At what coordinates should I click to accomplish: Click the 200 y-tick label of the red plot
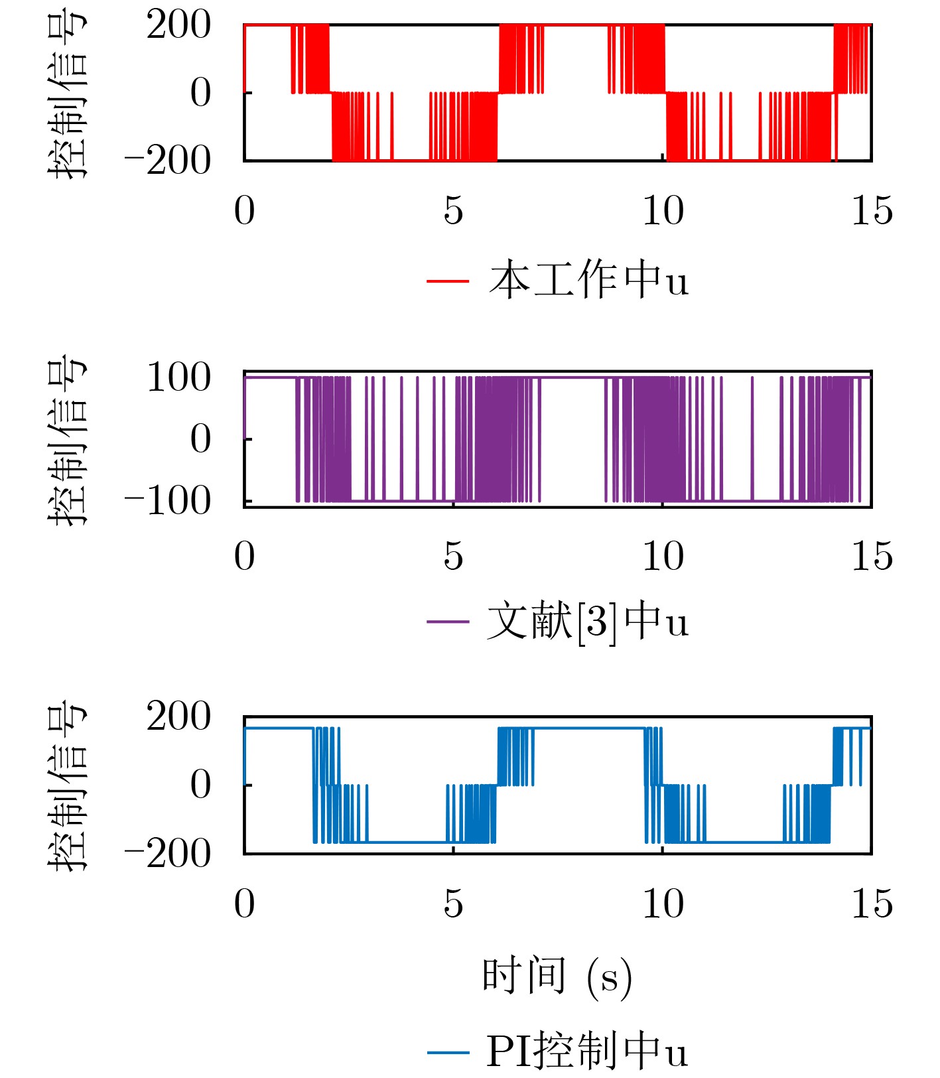click(x=178, y=27)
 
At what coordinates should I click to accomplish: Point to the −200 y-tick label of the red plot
click(x=168, y=161)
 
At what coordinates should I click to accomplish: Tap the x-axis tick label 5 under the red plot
click(x=453, y=211)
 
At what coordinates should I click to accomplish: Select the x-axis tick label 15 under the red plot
click(x=872, y=211)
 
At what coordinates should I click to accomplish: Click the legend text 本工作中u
click(x=589, y=280)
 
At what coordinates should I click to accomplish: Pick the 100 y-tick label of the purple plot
click(x=178, y=378)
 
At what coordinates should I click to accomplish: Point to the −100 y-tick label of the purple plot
click(x=168, y=501)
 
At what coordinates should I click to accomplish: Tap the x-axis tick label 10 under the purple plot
click(x=663, y=556)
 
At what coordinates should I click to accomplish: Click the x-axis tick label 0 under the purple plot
click(x=244, y=556)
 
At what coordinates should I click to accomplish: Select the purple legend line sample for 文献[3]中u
click(x=448, y=622)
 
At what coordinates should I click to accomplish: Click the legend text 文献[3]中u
click(x=588, y=622)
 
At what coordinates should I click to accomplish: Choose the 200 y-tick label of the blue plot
click(x=178, y=717)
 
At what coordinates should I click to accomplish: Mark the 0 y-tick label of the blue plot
click(x=200, y=785)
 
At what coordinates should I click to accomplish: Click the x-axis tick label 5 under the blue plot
click(x=453, y=904)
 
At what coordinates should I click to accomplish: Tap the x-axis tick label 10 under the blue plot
click(x=663, y=904)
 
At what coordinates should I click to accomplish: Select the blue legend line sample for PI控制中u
click(x=448, y=1052)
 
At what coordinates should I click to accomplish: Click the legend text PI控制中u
click(x=588, y=1051)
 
